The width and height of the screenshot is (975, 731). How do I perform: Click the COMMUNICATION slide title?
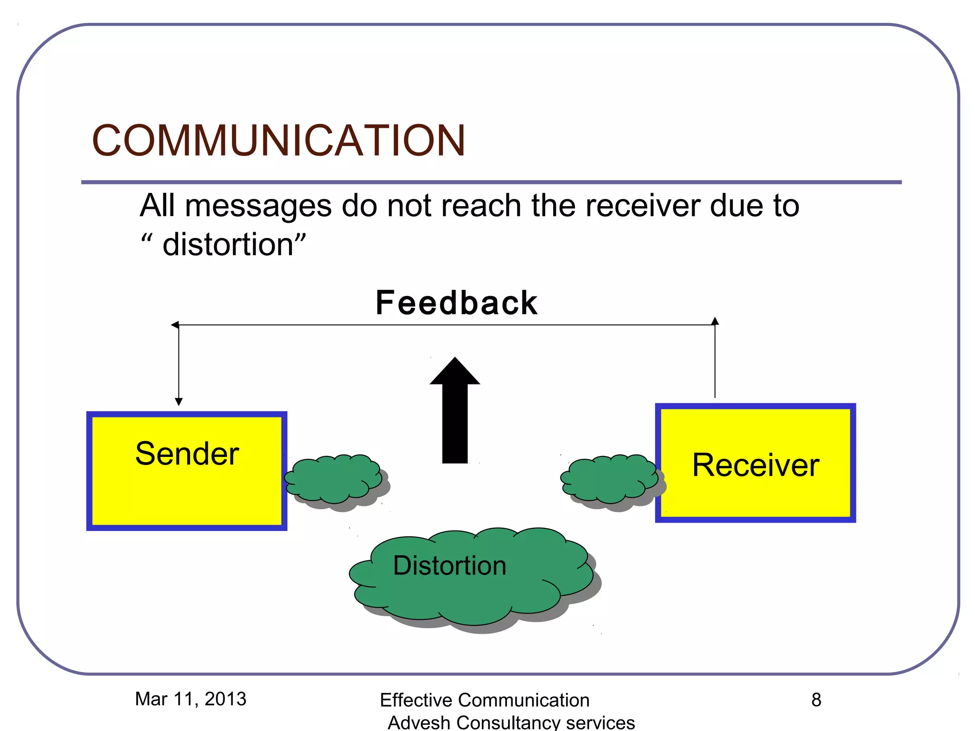[279, 140]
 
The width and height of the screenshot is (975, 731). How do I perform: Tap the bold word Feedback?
[456, 303]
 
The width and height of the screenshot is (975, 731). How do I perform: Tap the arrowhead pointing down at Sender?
[179, 402]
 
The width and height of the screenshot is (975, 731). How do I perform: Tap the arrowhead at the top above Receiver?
[715, 321]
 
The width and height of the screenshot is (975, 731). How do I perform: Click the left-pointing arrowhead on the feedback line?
[175, 325]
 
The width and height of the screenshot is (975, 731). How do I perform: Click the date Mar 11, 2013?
[190, 699]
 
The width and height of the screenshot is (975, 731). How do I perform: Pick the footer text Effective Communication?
[484, 700]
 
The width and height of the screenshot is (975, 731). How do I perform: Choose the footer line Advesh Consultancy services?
[511, 722]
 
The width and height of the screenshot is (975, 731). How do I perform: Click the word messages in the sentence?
[258, 206]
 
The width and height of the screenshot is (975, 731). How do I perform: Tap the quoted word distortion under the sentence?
[228, 245]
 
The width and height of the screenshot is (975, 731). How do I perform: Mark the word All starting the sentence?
[158, 206]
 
